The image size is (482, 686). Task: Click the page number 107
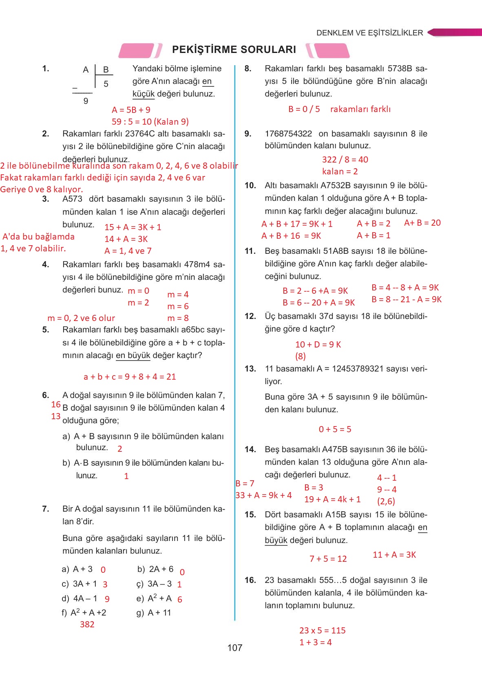pos(234,648)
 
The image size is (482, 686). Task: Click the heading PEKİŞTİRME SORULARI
pos(234,50)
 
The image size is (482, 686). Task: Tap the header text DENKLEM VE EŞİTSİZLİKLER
pos(369,33)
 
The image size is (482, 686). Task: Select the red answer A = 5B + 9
pos(131,110)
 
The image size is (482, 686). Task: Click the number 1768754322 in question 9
pos(288,134)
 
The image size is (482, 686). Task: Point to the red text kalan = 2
pos(340,171)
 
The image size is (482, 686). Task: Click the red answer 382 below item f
pos(87,624)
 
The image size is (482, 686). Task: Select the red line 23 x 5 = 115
pos(322,631)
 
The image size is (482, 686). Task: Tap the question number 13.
pos(250,369)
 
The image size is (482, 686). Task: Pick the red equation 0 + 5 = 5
pos(335,429)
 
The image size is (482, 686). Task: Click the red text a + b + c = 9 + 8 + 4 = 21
pos(130,377)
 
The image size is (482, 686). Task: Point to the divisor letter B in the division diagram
pos(106,70)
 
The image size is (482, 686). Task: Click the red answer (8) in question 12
pos(301,356)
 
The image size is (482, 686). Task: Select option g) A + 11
pos(154,613)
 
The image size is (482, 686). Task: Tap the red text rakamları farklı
pos(360,109)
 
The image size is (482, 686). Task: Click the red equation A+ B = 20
pos(422,223)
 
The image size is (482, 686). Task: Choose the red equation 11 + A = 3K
pos(394,555)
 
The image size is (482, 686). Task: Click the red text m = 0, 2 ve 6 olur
pos(81,318)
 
